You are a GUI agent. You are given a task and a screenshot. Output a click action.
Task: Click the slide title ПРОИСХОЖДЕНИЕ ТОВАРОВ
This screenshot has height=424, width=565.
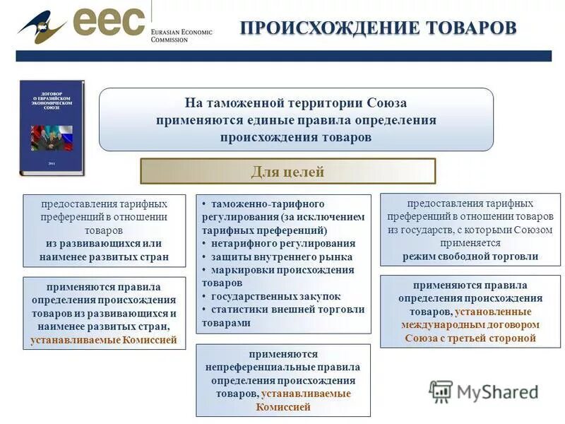pos(379,28)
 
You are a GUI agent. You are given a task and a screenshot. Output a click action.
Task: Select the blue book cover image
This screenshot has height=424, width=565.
pos(51,128)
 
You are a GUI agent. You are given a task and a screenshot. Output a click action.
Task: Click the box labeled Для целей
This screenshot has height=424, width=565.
pos(287,171)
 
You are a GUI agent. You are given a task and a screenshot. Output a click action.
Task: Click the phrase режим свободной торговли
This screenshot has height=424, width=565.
pos(470,257)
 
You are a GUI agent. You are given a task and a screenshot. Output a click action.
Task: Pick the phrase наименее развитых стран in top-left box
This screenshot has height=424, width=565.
pos(104,257)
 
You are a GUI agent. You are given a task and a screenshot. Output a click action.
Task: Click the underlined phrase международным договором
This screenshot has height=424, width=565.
pos(470,324)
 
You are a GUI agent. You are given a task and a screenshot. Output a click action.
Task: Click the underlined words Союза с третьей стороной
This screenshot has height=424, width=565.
pos(470,338)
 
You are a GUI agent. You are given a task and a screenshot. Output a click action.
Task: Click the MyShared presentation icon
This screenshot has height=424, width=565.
pos(441,391)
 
